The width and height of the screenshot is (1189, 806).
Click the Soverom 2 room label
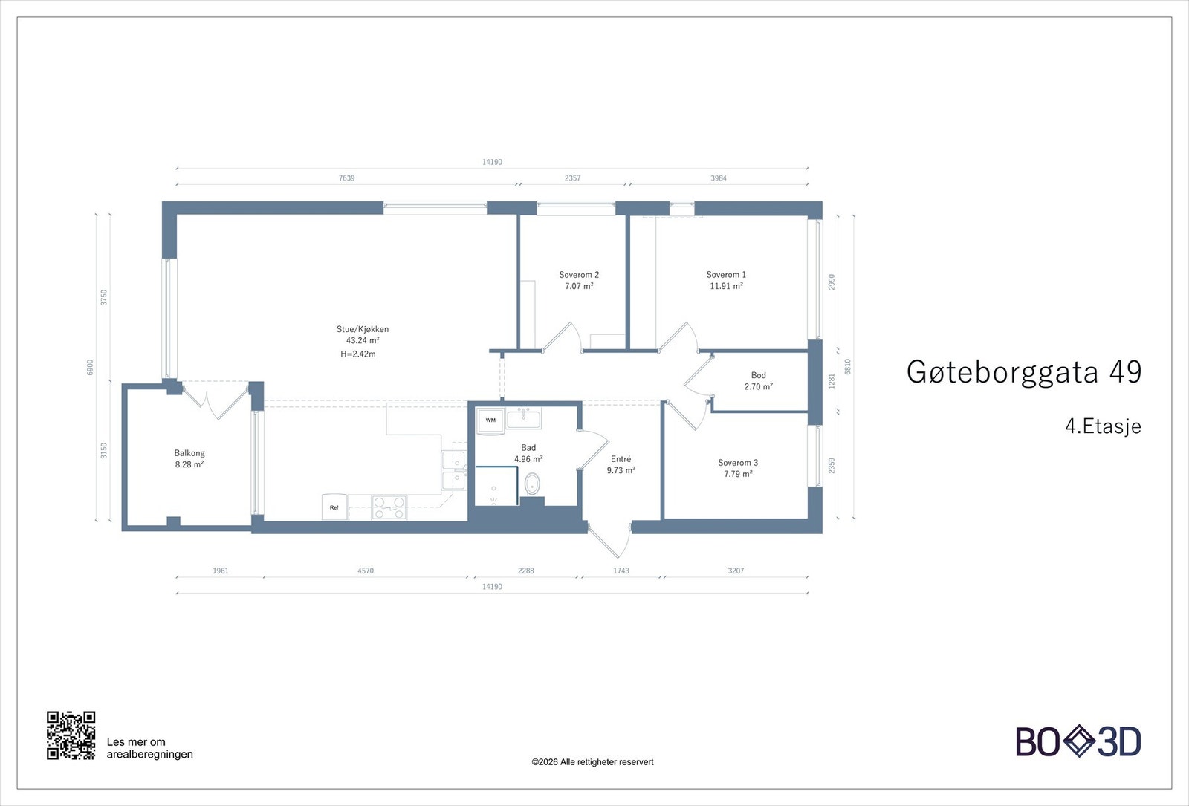point(579,275)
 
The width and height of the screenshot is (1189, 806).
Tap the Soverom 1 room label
point(726,275)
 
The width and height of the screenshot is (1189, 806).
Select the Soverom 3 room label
point(738,463)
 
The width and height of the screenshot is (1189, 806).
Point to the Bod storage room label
point(758,375)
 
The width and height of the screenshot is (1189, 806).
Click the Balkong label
point(189,453)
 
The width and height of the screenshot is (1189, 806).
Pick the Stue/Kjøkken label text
point(363,329)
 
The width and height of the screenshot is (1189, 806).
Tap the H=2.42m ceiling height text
point(358,354)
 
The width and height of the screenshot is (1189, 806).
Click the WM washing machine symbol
point(490,420)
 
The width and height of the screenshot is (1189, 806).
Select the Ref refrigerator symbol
point(334,507)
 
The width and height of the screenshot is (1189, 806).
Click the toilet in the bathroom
point(532,485)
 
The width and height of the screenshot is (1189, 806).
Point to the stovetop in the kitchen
point(389,507)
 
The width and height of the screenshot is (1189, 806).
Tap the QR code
point(71,735)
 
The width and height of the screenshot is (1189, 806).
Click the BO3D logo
point(1078,741)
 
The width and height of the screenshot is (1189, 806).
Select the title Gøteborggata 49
point(1023,371)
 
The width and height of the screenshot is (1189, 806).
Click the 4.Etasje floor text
point(1103,426)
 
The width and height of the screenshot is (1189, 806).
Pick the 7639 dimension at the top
point(347,178)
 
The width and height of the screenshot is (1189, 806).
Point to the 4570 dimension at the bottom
point(366,571)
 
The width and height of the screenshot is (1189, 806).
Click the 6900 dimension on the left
point(91,367)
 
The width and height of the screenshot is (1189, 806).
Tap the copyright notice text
point(592,762)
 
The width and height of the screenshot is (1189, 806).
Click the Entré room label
point(621,459)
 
